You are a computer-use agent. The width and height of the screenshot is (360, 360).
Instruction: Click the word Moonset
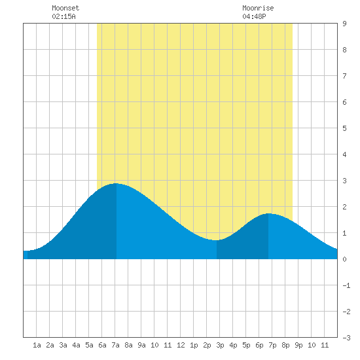65,8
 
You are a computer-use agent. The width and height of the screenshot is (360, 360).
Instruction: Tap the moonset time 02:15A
63,16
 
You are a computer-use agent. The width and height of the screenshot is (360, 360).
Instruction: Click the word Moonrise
258,8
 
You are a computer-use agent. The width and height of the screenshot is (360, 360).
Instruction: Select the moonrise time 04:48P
254,16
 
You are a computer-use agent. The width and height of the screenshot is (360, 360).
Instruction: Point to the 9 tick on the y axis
344,24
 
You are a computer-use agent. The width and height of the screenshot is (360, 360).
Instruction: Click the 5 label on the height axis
344,128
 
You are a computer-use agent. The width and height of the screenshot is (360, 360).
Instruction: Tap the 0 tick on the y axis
344,259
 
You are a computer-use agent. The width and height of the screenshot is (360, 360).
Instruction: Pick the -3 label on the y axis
346,338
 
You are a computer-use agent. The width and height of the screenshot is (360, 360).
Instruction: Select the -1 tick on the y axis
346,285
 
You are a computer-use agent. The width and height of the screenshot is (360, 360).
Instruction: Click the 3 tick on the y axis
344,181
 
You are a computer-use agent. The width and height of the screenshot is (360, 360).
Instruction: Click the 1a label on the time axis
37,345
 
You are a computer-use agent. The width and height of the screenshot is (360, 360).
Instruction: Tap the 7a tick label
115,345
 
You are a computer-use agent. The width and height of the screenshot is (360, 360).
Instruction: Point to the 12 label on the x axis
181,345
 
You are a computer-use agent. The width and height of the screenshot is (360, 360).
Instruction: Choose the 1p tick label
194,345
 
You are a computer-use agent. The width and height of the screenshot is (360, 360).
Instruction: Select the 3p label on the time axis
220,345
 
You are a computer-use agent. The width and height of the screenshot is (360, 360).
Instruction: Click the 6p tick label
259,345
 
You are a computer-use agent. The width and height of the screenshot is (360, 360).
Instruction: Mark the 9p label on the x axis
298,345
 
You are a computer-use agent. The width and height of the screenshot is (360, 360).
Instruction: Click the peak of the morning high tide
116,183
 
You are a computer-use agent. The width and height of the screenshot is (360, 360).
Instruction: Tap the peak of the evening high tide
268,213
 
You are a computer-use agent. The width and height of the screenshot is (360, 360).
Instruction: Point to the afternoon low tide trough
216,240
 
